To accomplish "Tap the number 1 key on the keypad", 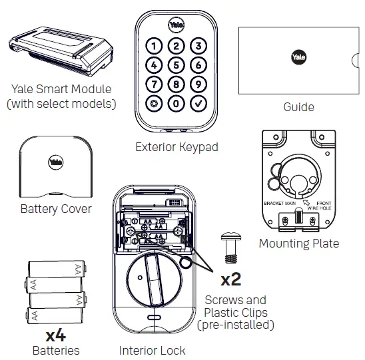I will pyautogui.click(x=154, y=46).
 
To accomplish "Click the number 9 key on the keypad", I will pyautogui.click(x=197, y=85).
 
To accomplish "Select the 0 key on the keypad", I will pyautogui.click(x=176, y=104).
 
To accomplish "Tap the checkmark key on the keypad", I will pyautogui.click(x=197, y=104).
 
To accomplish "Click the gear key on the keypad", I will pyautogui.click(x=154, y=104).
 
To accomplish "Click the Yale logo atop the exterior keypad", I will pyautogui.click(x=176, y=23).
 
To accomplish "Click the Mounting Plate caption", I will pyautogui.click(x=298, y=244).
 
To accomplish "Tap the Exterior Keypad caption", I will pyautogui.click(x=176, y=146).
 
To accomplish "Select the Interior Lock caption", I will pyautogui.click(x=153, y=350).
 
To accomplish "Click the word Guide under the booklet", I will pyautogui.click(x=298, y=106).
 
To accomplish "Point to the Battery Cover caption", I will pyautogui.click(x=56, y=209).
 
